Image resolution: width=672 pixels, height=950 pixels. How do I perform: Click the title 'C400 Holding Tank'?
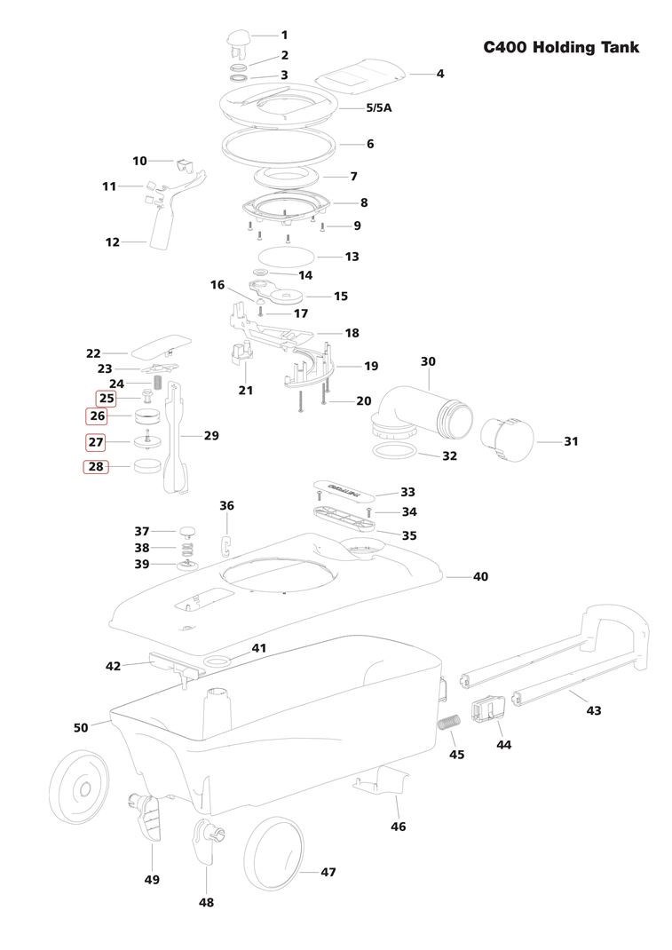tap(560, 47)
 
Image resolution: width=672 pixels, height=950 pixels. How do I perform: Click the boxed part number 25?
tap(107, 399)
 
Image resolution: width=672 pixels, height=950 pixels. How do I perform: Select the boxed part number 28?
tap(97, 467)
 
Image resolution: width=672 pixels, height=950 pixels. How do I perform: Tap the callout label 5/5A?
tap(379, 107)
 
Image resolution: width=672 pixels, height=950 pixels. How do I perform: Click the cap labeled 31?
tap(507, 439)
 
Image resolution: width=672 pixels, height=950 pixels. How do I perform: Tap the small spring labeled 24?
tap(157, 383)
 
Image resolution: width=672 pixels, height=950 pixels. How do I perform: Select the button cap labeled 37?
tap(187, 533)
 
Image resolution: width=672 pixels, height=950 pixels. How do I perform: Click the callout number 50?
tap(81, 727)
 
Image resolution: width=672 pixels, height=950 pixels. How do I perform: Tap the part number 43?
tap(594, 709)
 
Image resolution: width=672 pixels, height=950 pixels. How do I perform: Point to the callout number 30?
tap(428, 361)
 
